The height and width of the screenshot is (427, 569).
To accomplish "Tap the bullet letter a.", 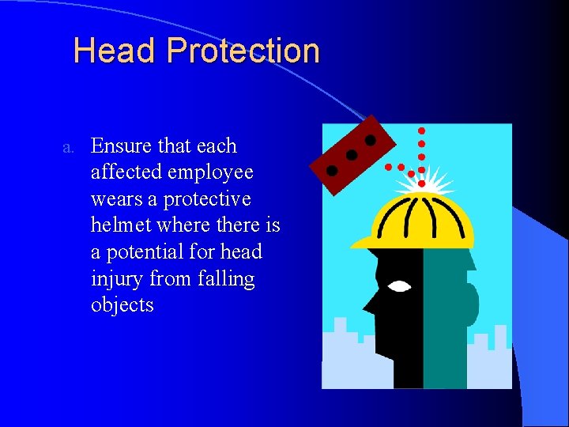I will pyautogui.click(x=69, y=147).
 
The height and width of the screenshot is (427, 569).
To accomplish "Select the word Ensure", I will pyautogui.click(x=122, y=145).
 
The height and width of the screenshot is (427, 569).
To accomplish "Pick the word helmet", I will pyautogui.click(x=121, y=225).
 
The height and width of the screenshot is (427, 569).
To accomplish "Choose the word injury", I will pyautogui.click(x=117, y=279).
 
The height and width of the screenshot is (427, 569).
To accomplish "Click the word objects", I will pyautogui.click(x=122, y=305).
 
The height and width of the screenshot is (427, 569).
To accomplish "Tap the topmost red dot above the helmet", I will pyautogui.click(x=421, y=130).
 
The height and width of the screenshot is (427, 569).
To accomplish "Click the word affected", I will pyautogui.click(x=127, y=172).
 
